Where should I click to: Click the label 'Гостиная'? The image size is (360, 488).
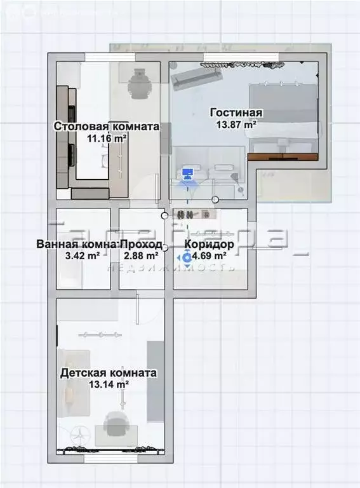coord(236,113)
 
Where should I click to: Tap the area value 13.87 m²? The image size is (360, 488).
coord(236,125)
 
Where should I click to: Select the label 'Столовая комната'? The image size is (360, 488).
coord(106,126)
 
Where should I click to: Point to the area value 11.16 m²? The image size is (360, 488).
coord(106,138)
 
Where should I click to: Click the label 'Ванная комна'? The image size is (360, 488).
coord(77,244)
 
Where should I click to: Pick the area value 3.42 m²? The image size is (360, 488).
coord(83,255)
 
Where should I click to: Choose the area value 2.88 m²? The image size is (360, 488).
coord(140,255)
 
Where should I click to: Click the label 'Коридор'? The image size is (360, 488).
coord(209,244)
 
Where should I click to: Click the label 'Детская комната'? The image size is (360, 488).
coord(108,373)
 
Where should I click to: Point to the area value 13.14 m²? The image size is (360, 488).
coord(108,384)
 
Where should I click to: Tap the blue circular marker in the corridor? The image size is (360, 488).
coord(187,257)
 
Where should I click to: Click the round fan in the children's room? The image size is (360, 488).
coord(79,437)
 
